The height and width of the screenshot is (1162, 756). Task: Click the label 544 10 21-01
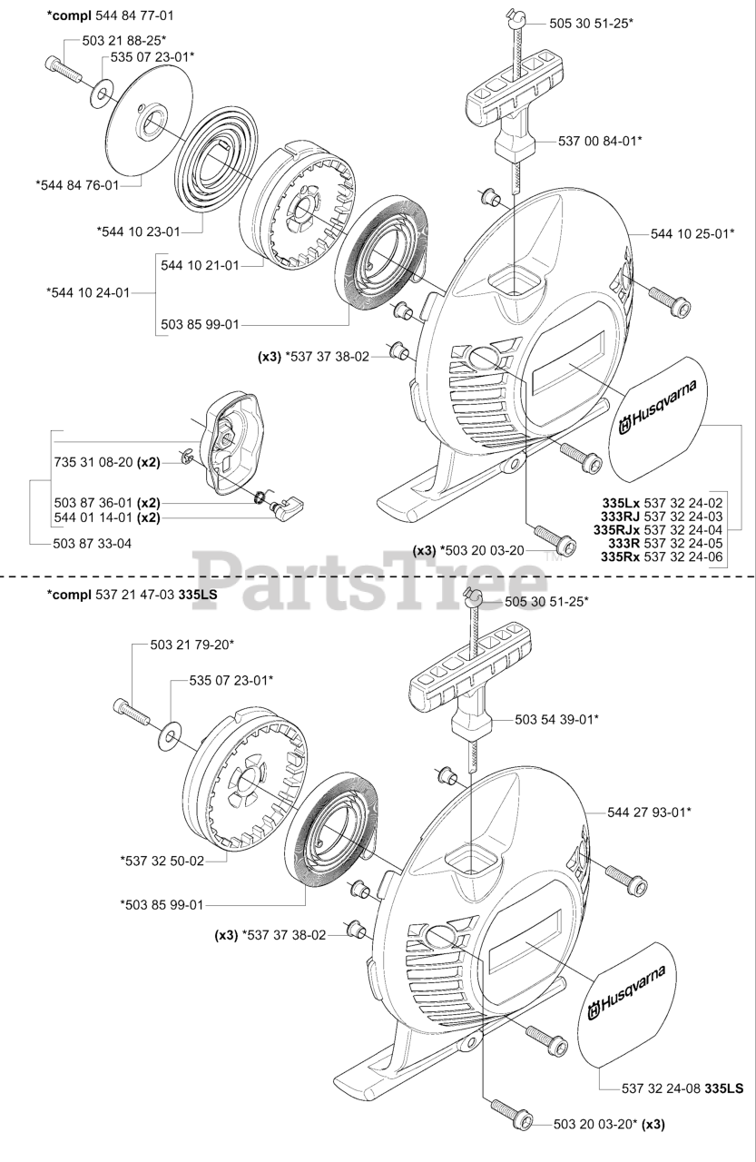(x=200, y=265)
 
